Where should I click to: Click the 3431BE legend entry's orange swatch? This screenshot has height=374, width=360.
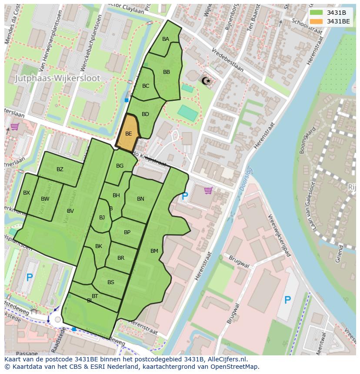316,21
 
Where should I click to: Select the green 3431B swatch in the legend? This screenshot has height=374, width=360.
316,13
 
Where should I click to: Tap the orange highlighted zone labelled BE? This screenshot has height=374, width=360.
128,133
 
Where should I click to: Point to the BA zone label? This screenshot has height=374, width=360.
166,39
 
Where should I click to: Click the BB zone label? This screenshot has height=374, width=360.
167,72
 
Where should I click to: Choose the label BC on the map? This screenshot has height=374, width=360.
146,86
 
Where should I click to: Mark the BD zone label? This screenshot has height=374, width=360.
145,114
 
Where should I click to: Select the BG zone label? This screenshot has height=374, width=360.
120,166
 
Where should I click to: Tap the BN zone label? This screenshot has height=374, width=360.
140,199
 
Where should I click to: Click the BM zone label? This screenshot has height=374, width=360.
154,251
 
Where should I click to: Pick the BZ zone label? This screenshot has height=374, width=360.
60,169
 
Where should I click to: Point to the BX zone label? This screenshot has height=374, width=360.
27,193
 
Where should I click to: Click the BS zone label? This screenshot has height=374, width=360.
111,282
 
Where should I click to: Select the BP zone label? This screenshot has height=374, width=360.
127,232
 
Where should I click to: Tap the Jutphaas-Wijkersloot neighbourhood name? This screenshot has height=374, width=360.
57,79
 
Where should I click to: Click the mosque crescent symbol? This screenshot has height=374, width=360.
206,80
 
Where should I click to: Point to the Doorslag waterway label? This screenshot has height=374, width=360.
246,179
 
